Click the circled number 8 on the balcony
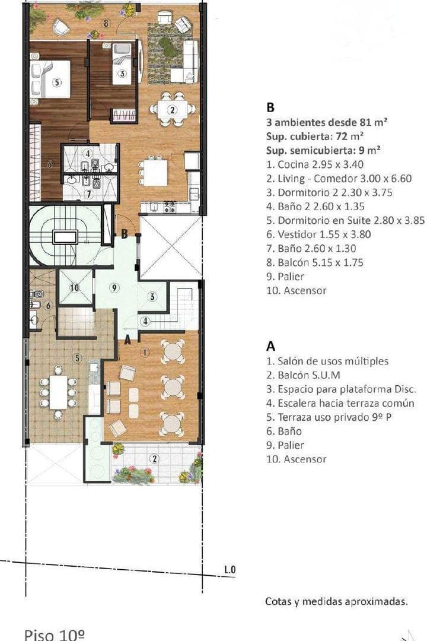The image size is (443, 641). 106,24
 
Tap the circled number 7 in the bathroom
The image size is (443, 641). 88,193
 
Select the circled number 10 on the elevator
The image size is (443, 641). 74,288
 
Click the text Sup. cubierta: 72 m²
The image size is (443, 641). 315,136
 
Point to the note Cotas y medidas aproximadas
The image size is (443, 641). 336,601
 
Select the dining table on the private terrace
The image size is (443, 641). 58,392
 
